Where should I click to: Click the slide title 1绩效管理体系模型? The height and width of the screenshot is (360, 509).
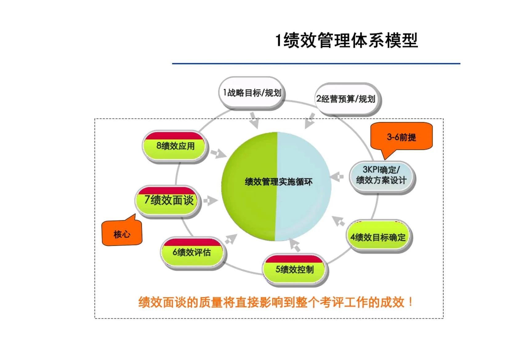pyautogui.click(x=346, y=40)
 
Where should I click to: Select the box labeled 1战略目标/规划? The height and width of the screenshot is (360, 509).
pyautogui.click(x=252, y=92)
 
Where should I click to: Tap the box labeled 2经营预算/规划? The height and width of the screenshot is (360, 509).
pyautogui.click(x=346, y=99)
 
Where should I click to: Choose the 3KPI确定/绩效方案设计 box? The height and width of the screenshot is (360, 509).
pyautogui.click(x=381, y=175)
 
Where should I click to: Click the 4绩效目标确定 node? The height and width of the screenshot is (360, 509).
pyautogui.click(x=378, y=237)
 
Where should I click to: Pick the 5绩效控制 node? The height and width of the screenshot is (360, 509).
pyautogui.click(x=295, y=269)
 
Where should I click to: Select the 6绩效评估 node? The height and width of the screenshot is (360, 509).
pyautogui.click(x=192, y=252)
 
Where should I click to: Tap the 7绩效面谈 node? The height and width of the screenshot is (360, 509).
pyautogui.click(x=169, y=200)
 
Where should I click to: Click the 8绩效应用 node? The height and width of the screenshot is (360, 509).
pyautogui.click(x=176, y=146)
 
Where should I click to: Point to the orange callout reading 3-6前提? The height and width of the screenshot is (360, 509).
pyautogui.click(x=401, y=137)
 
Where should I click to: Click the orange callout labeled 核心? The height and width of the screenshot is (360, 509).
pyautogui.click(x=122, y=234)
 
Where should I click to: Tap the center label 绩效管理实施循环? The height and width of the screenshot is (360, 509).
pyautogui.click(x=278, y=182)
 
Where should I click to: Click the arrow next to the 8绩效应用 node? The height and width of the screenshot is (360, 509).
pyautogui.click(x=218, y=153)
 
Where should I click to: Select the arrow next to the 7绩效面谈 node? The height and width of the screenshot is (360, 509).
pyautogui.click(x=210, y=201)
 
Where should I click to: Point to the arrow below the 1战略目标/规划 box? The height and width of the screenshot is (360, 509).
pyautogui.click(x=254, y=120)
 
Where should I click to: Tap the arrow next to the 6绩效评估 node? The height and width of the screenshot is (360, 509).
pyautogui.click(x=231, y=239)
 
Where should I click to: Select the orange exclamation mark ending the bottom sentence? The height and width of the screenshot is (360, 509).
pyautogui.click(x=410, y=302)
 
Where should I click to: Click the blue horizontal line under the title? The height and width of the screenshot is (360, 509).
pyautogui.click(x=316, y=64)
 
